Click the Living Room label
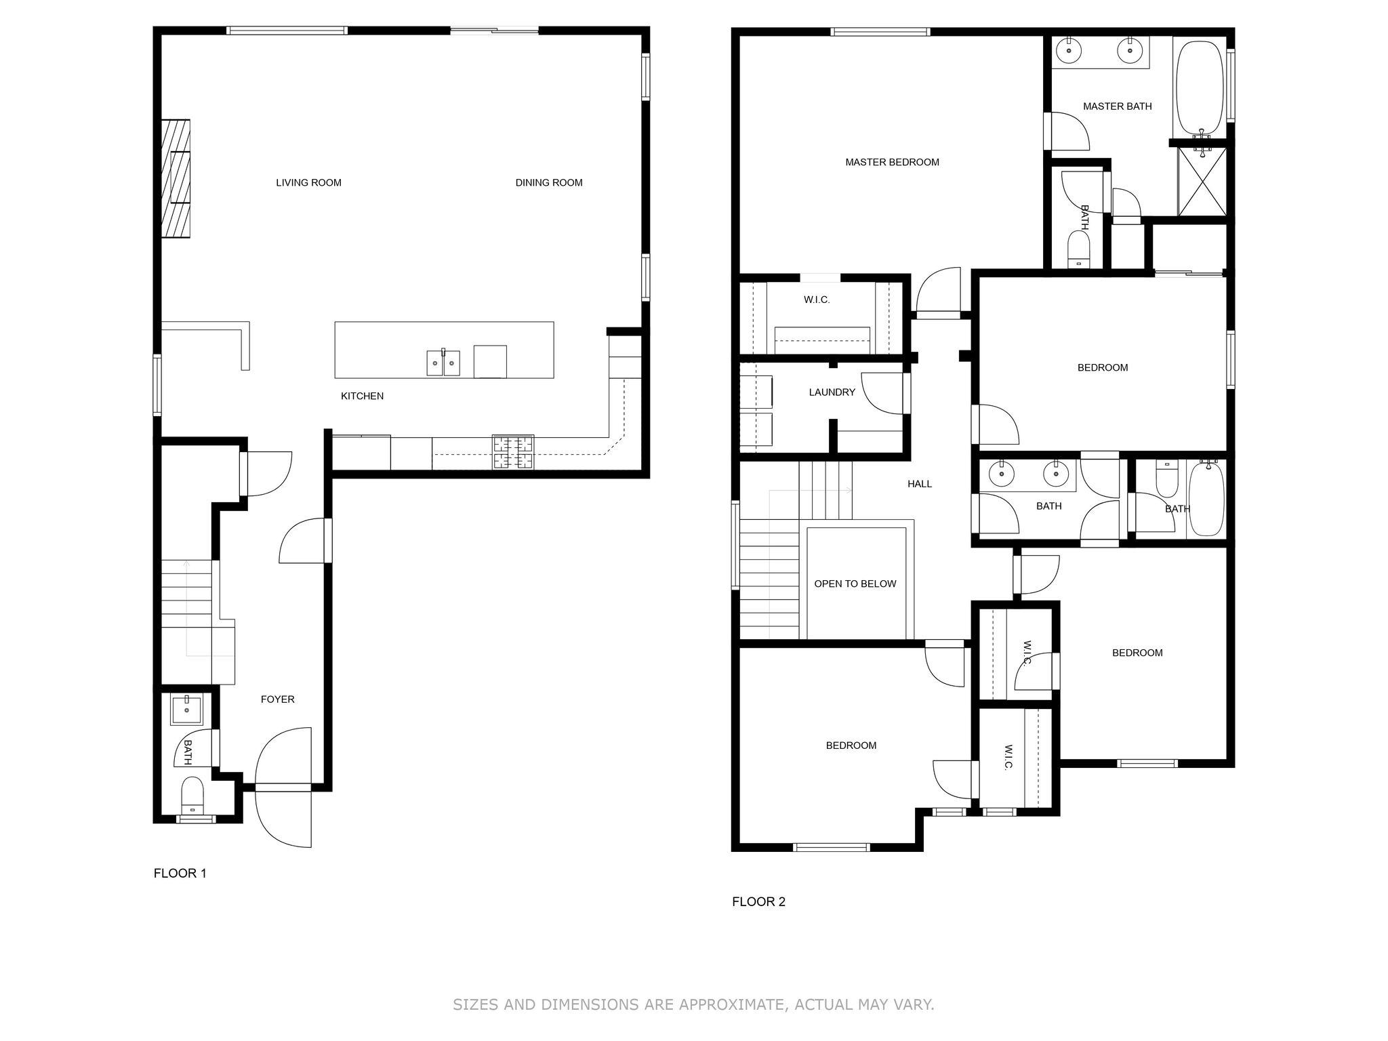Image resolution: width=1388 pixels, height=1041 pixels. pos(308,182)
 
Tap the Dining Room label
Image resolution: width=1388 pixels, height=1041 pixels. pos(549,182)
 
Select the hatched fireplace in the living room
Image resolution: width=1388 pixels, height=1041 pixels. pos(176,178)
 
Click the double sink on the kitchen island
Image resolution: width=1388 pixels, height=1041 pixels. pos(443,363)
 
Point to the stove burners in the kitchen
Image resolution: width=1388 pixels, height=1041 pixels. pos(513,452)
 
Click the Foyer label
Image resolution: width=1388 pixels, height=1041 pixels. pos(278,699)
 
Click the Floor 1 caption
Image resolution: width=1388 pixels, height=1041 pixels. pos(180,873)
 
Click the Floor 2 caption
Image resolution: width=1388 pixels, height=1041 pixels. pos(758,901)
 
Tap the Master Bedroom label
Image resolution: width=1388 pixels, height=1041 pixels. pos(892,162)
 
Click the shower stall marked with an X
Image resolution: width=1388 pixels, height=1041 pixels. pos(1202,181)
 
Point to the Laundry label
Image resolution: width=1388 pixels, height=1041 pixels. pos(832,392)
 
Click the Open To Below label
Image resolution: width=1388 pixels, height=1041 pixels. pos(855,584)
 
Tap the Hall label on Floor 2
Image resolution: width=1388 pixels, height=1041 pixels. pos(920,484)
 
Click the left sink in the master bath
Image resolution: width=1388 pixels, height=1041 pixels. pos(1069,49)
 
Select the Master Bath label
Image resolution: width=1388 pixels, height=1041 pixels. pos(1118,106)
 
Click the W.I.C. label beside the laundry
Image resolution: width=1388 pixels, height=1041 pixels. pos(817,300)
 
